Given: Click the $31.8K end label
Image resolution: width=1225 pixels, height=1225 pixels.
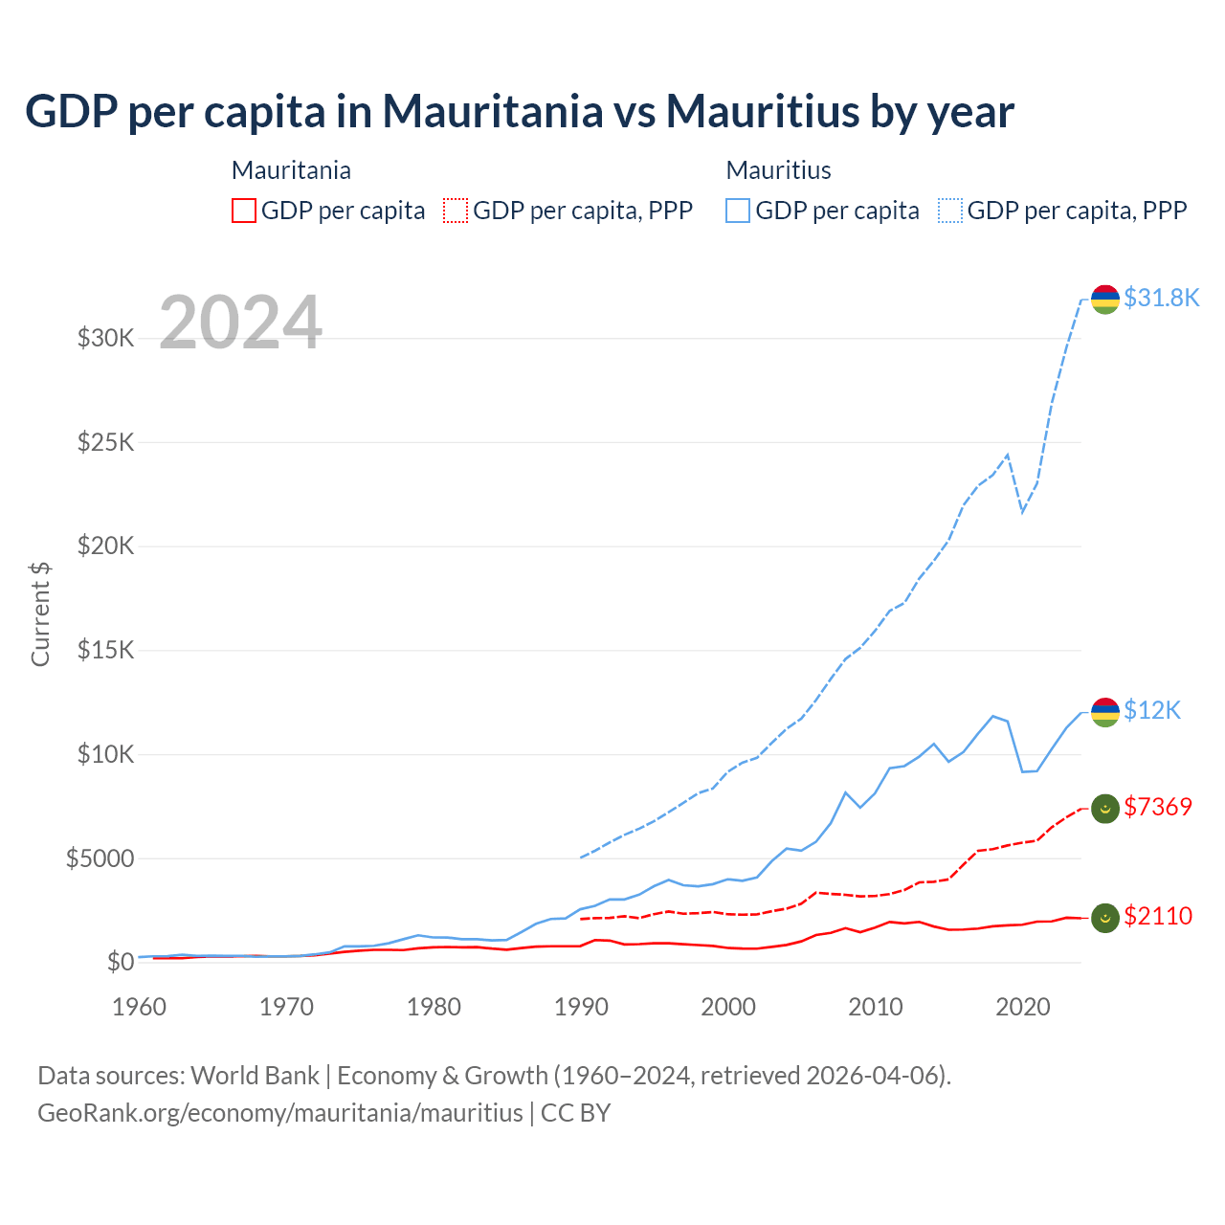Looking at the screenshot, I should coord(1161,298).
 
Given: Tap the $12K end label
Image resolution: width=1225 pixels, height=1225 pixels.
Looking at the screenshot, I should coord(1152,710).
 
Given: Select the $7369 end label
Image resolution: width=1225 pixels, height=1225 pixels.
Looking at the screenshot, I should coord(1158,807).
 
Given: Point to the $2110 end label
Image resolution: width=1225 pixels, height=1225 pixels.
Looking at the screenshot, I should coord(1158,916).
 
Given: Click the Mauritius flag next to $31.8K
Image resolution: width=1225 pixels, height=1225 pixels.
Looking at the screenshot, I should coord(1105,299).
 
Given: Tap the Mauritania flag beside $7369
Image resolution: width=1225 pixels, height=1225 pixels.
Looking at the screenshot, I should coord(1105,809).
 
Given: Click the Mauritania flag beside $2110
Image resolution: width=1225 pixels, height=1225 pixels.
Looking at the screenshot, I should coord(1105,918).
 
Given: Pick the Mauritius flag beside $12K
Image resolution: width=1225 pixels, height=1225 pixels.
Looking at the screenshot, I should coord(1105,712).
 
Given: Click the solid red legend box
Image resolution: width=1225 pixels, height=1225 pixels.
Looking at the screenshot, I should coord(244,211).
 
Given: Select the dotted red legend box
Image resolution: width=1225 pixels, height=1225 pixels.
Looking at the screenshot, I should coord(456,211).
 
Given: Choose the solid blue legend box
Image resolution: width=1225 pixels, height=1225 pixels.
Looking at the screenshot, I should coord(738,211).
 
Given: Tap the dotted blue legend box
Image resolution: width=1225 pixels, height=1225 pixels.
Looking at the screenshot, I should coord(950,211).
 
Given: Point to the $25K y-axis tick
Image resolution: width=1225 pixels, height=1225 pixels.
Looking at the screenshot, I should coord(105,442).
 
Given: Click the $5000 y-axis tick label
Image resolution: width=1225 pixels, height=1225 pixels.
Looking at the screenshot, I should coord(100,858).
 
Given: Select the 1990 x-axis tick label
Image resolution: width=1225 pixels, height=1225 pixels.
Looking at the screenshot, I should coord(581,1007).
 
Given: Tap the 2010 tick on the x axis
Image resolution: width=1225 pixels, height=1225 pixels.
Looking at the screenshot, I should coord(876,1007).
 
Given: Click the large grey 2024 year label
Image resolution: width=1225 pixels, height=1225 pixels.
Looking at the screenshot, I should coord(240,323).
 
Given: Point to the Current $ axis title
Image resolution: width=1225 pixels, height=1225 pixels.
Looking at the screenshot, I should coord(40,614).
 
